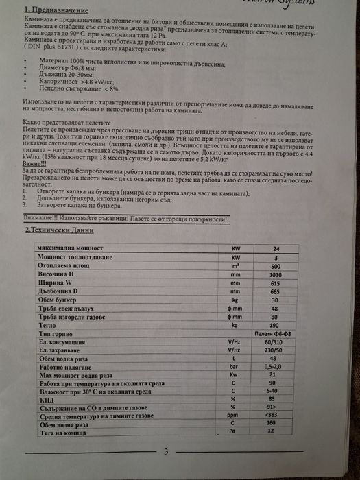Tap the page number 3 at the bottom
[x=165, y=451]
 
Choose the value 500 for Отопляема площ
[x=276, y=265]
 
